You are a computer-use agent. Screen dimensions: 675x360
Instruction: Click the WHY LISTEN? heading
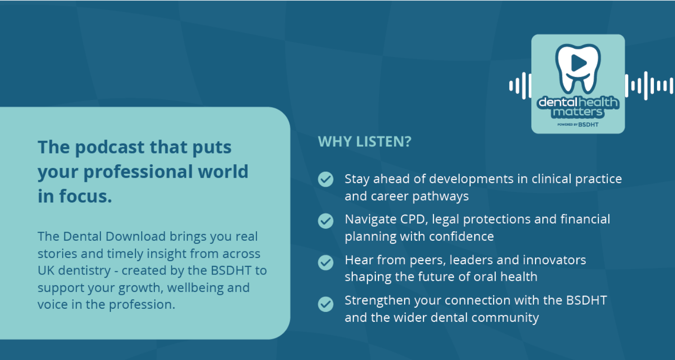click(x=364, y=142)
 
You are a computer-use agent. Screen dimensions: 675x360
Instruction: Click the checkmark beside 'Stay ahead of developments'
click(x=325, y=179)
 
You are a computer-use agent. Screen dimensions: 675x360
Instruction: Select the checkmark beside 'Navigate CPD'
click(x=325, y=221)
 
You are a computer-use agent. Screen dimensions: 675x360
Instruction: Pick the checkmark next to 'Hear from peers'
click(x=325, y=262)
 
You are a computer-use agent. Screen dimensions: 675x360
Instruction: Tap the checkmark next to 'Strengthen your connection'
click(x=325, y=304)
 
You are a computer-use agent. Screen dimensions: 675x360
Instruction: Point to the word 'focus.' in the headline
click(x=85, y=196)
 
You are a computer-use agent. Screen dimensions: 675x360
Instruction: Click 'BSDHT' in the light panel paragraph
click(x=231, y=270)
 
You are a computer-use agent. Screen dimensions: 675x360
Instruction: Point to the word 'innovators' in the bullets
click(x=554, y=260)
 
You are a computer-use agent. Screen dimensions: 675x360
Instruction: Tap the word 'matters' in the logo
click(x=578, y=112)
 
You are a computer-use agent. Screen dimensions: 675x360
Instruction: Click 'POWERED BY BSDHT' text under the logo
click(x=578, y=124)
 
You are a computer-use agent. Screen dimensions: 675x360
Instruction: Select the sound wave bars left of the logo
click(x=520, y=85)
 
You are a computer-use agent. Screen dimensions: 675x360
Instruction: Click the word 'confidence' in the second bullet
click(x=461, y=237)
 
